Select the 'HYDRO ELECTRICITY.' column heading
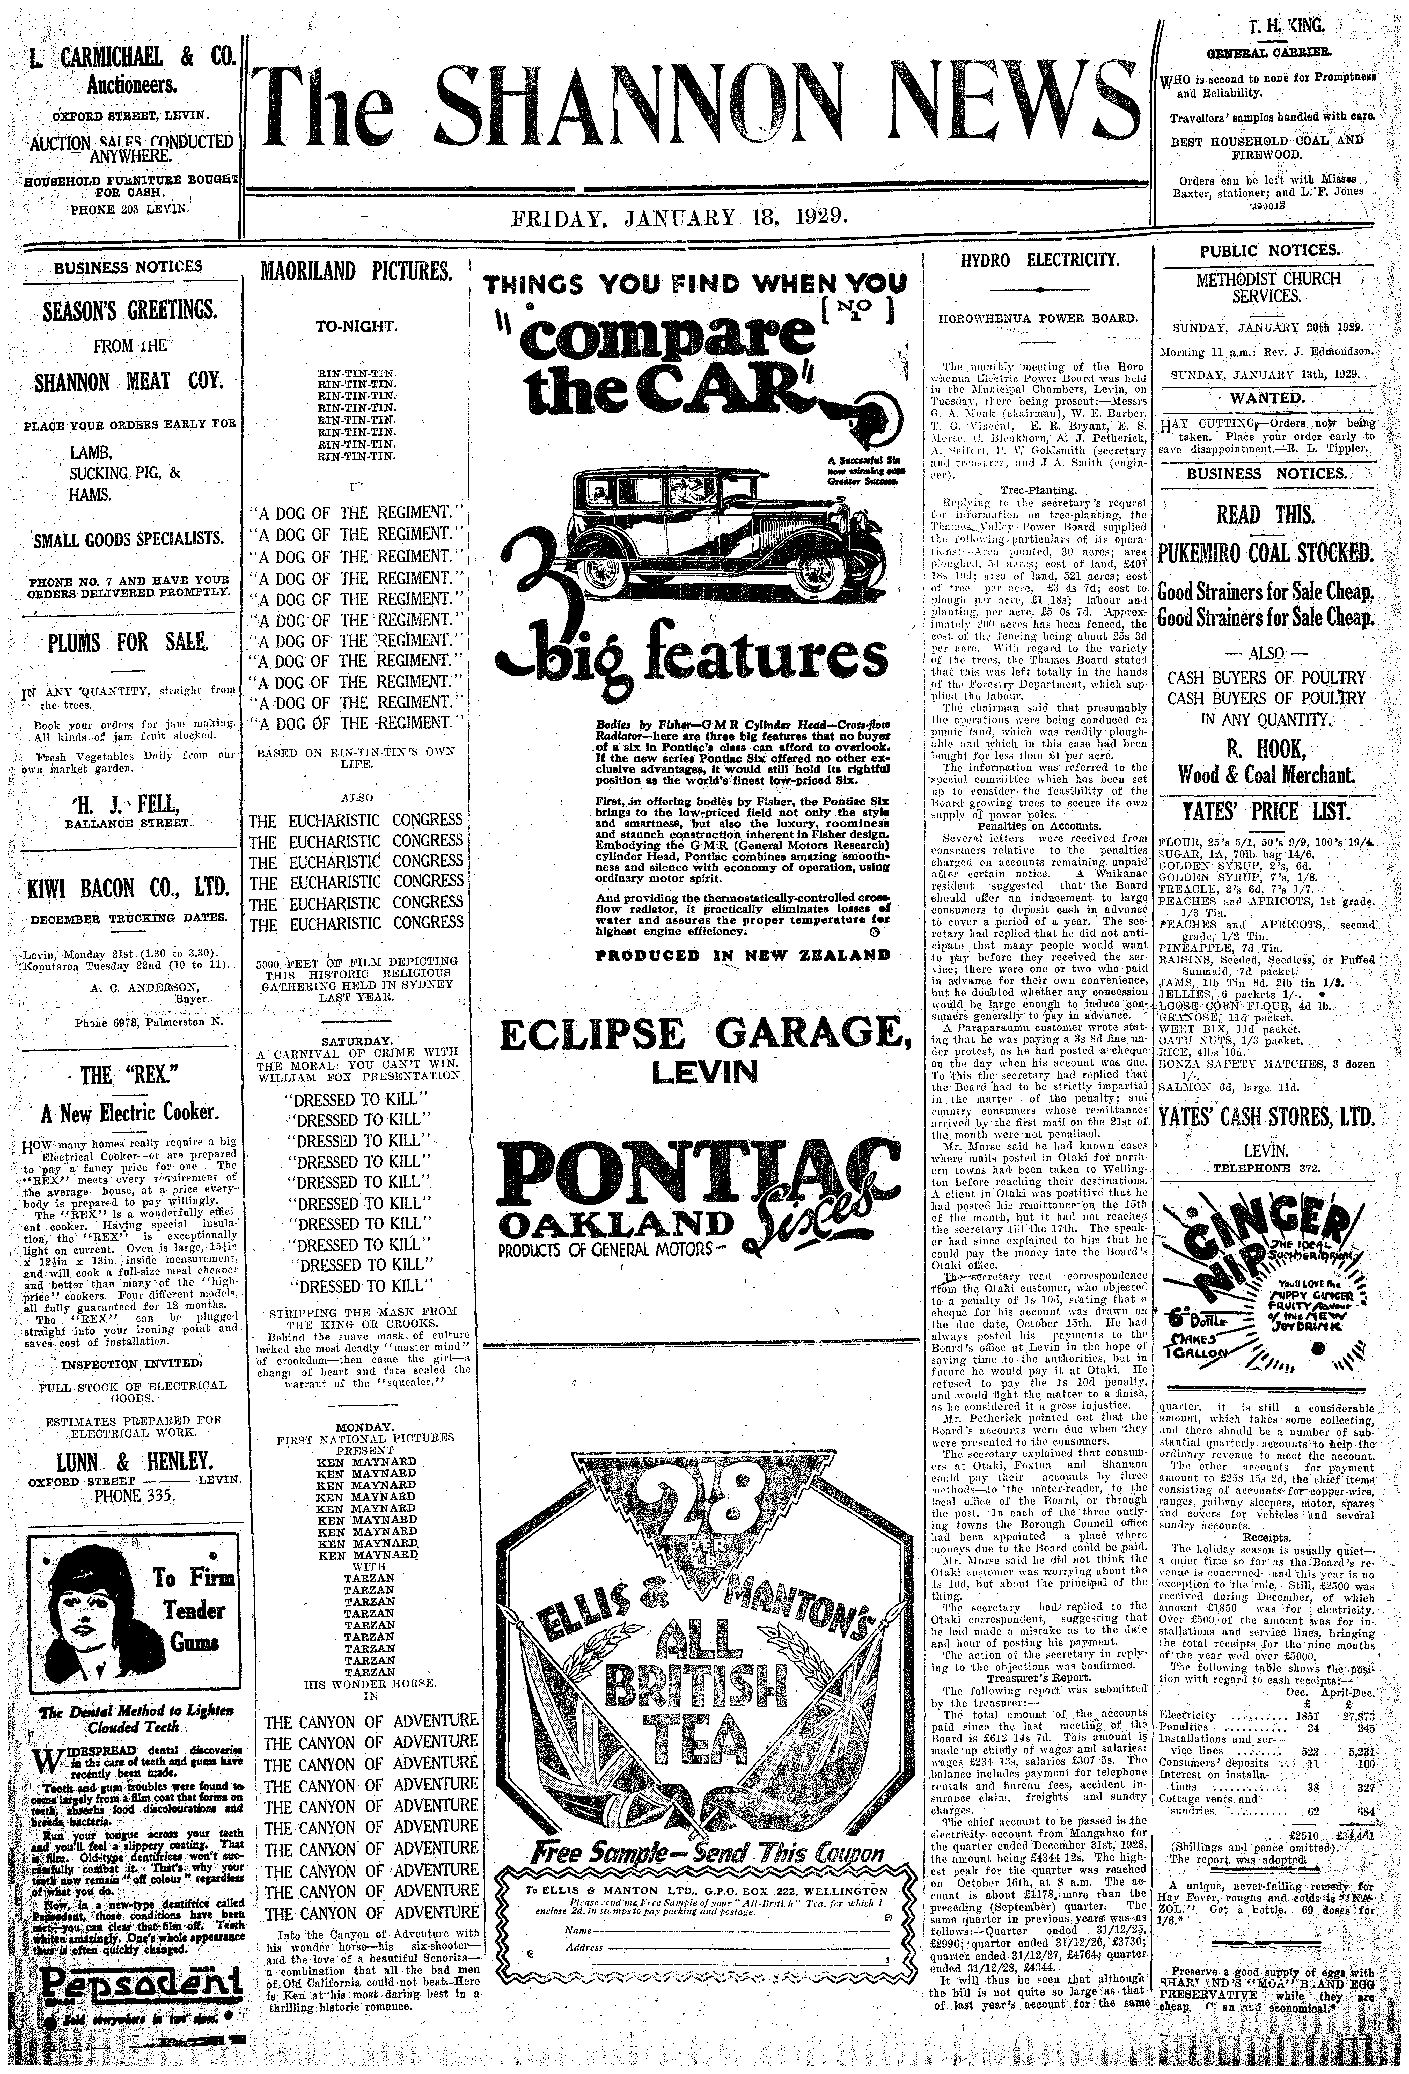[x=1039, y=261]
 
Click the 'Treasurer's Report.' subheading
[x=1038, y=1677]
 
